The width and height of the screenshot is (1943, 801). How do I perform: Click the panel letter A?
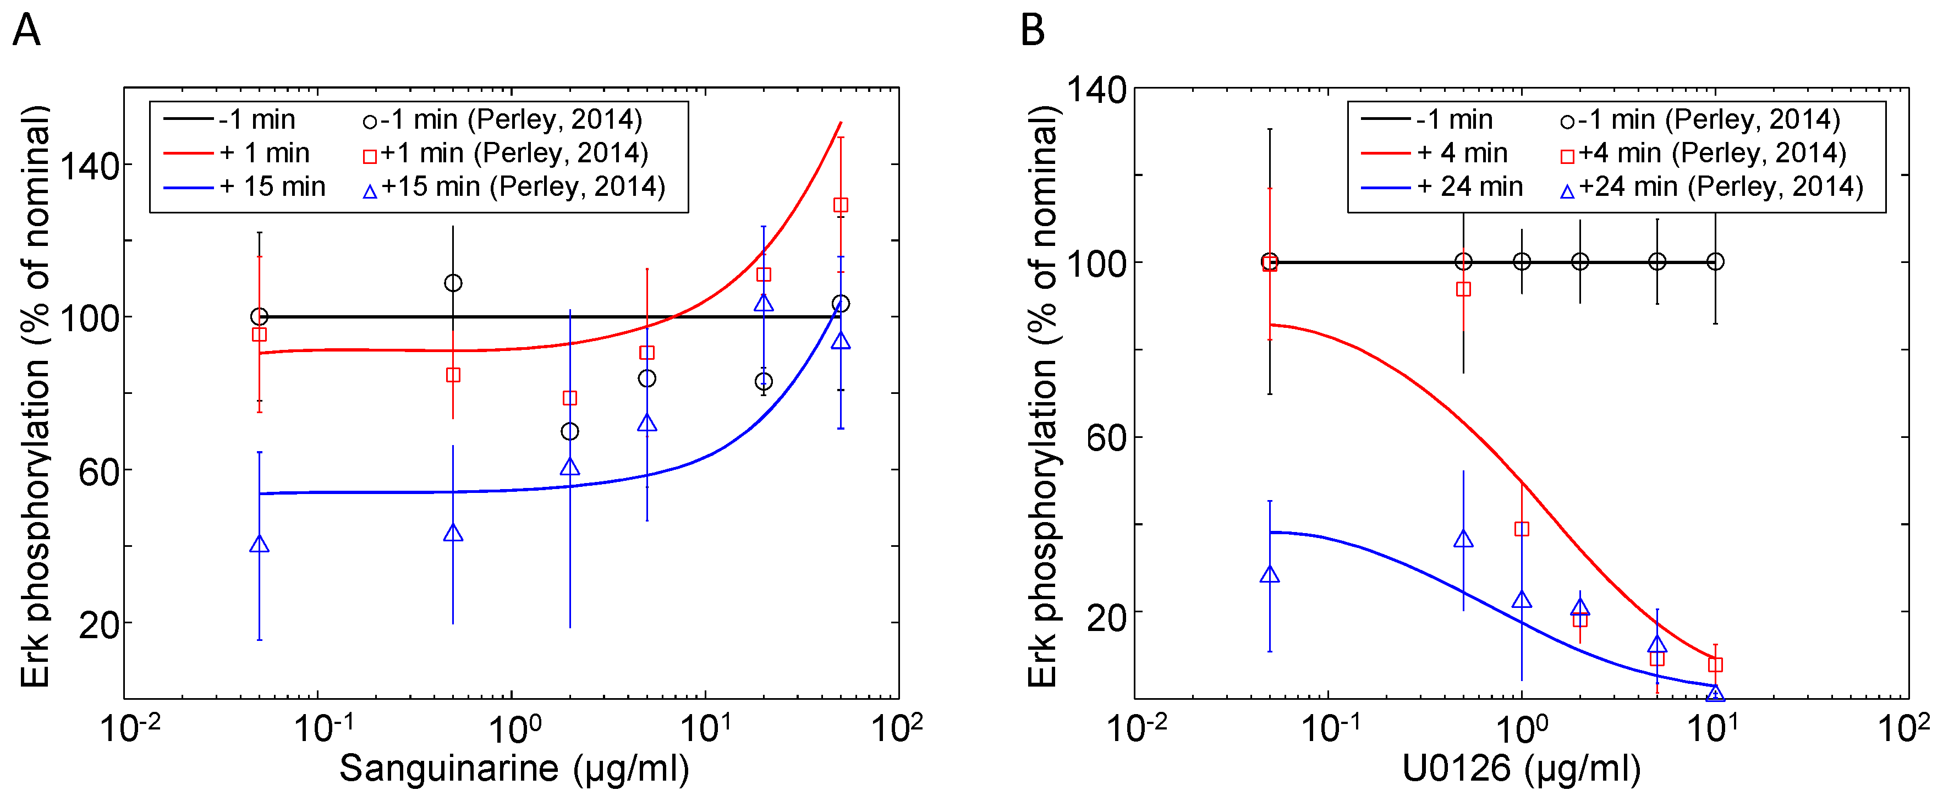pos(26,32)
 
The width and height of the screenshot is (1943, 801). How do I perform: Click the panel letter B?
pos(1033,32)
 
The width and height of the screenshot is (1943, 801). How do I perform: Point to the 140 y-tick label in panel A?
pos(90,166)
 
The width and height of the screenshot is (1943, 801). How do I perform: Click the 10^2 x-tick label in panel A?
pos(896,728)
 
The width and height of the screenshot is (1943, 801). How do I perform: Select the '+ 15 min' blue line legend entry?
pos(245,187)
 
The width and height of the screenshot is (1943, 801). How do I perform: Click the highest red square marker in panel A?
pos(840,205)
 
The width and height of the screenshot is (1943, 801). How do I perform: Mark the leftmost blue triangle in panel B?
pos(1270,575)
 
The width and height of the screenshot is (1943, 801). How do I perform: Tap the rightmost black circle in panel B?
pos(1715,262)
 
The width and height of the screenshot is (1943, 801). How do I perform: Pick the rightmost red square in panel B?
pos(1715,665)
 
